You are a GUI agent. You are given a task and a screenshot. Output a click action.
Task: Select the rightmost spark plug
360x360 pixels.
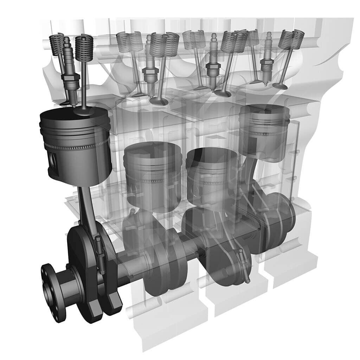(x=268, y=63)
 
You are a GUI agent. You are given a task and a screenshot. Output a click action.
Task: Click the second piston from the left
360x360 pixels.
(x=153, y=176)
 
